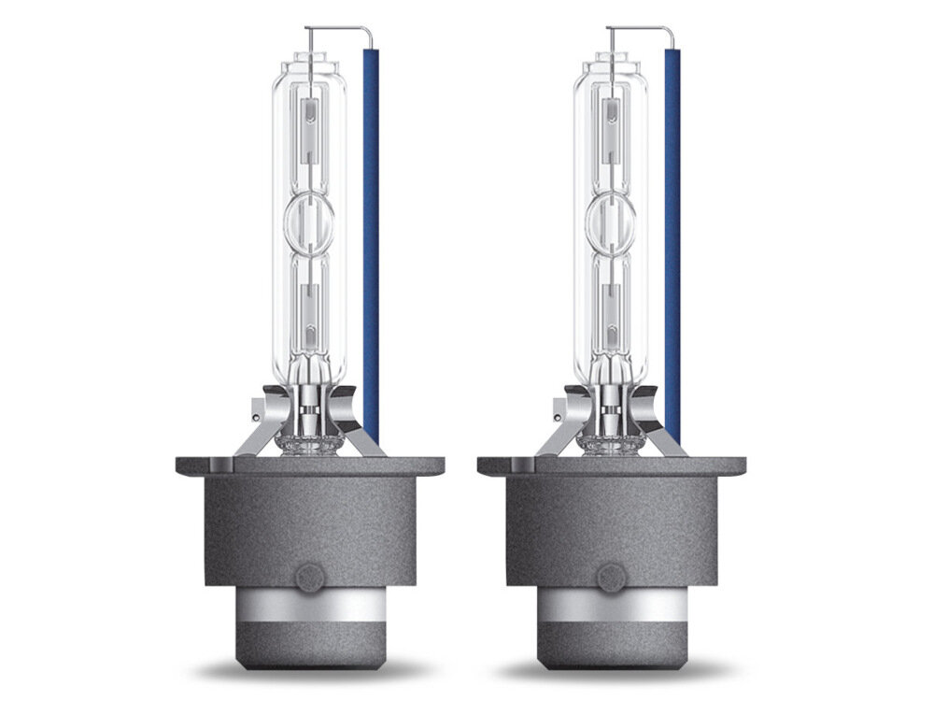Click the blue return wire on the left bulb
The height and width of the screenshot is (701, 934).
coord(371,234)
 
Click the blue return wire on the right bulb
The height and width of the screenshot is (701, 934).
coord(672,234)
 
